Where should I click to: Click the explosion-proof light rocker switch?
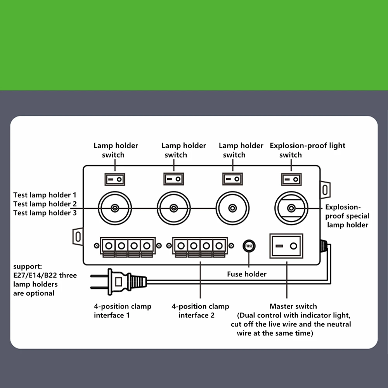coord(291,179)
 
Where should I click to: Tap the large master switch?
coord(286,246)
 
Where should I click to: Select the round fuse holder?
coord(249,246)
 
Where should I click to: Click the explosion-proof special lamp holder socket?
coord(291,208)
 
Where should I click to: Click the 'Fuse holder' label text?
coord(247,274)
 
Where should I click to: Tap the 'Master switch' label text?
coord(293,307)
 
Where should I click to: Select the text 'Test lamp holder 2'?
coord(45,204)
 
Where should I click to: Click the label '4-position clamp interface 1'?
coord(123,311)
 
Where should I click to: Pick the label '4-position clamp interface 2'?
coord(200,311)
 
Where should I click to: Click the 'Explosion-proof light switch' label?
coord(307,150)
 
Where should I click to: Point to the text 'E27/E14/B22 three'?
coord(45,275)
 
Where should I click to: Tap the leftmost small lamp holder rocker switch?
coord(115,179)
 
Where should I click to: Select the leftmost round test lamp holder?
coord(115,208)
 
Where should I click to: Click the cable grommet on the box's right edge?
coord(323,245)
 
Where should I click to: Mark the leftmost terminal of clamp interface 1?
coord(109,246)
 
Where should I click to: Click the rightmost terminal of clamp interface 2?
coord(219,246)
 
